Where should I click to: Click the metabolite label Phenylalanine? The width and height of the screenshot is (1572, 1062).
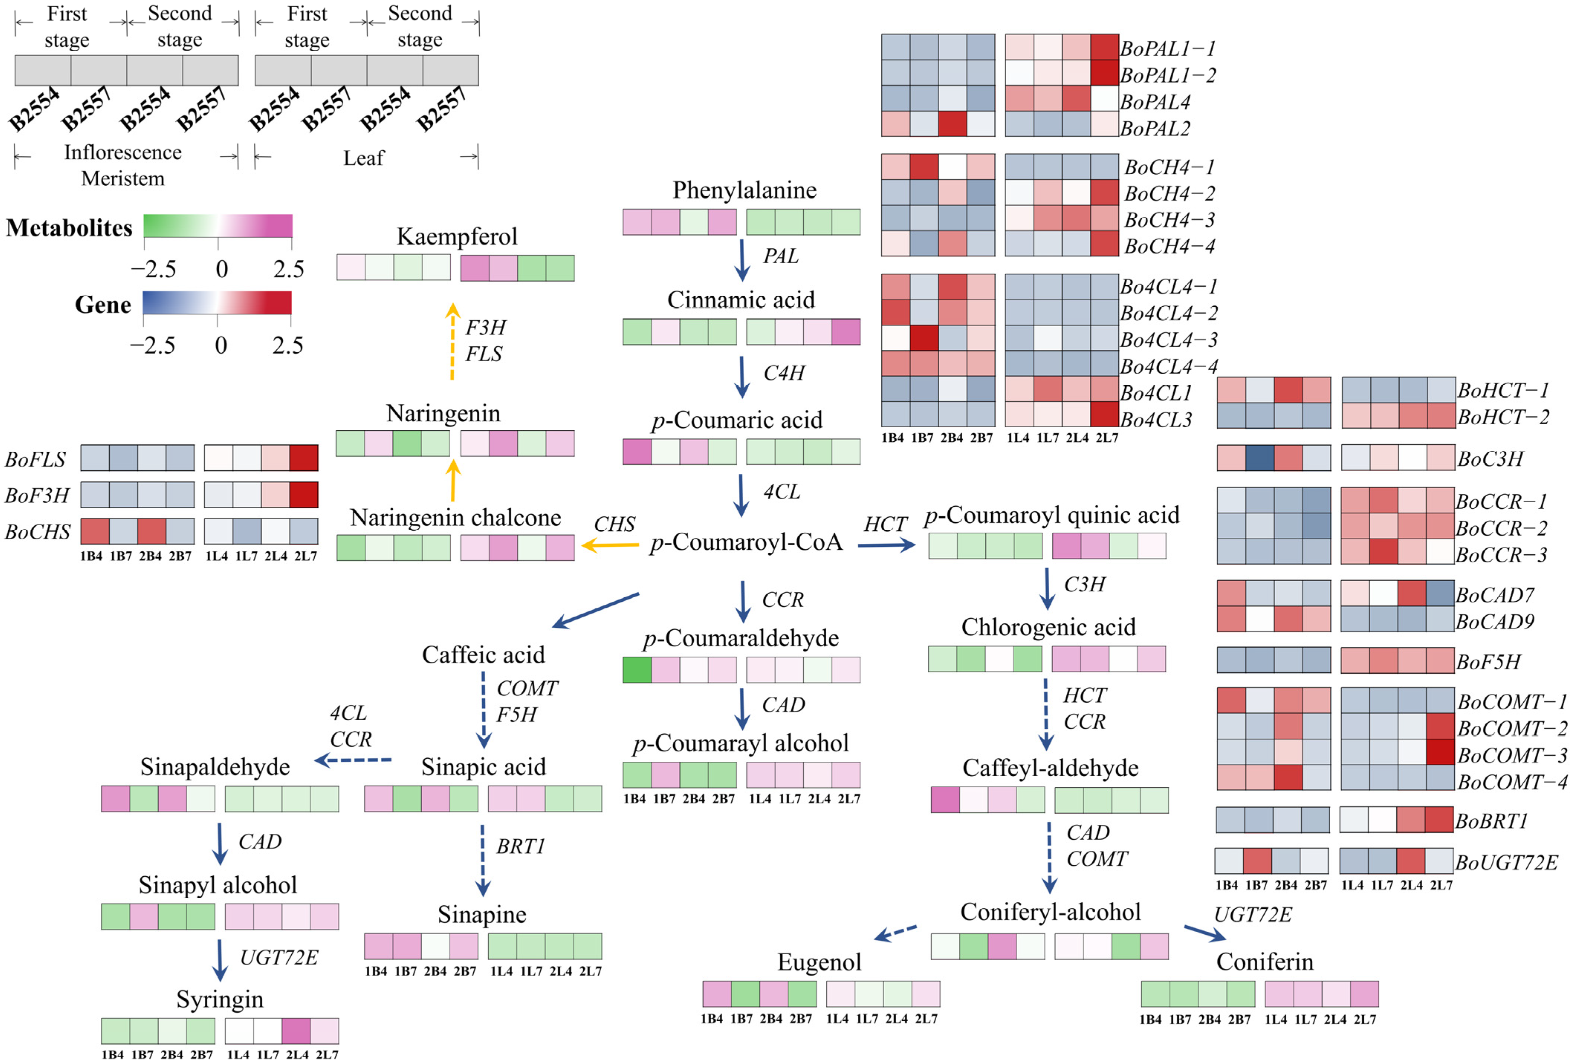744,190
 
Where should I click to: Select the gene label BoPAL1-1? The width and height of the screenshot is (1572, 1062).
1168,49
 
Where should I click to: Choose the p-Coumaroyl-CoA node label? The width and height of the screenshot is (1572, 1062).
746,542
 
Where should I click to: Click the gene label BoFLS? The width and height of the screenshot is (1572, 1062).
35,460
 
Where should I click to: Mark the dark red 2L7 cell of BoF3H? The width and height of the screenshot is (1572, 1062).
304,495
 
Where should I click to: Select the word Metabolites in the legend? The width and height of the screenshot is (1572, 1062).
69,228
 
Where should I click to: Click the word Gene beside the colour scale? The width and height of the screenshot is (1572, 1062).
103,305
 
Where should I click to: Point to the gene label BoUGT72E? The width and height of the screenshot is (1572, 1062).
1506,863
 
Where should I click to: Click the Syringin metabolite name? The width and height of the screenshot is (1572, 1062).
220,999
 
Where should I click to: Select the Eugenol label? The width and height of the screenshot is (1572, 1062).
819,962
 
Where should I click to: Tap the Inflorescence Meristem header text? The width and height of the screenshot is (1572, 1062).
123,165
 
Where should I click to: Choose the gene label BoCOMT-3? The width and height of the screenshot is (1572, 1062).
1512,755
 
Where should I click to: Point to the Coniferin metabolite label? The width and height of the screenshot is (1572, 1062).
1264,961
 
